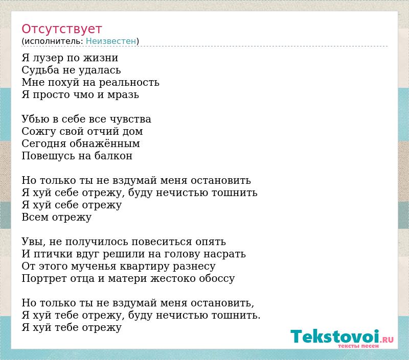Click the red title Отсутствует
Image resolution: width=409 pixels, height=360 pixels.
tap(61, 29)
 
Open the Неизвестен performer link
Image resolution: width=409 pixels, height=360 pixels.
tap(111, 41)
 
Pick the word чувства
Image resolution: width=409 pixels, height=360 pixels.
tap(130, 119)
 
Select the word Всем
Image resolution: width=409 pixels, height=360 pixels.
tap(35, 217)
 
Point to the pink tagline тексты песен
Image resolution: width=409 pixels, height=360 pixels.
tap(358, 346)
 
